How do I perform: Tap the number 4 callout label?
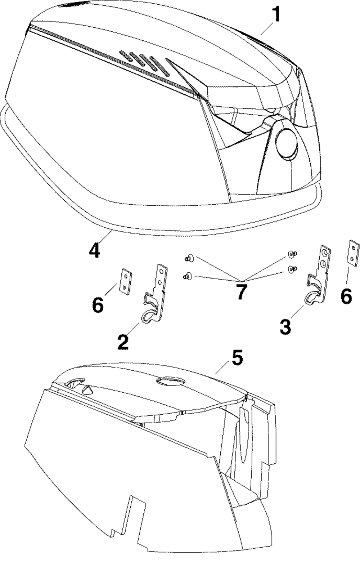(94, 250)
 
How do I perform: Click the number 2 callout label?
(123, 342)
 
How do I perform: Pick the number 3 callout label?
(285, 327)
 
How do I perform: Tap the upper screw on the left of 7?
(188, 258)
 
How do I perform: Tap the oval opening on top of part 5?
(171, 381)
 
